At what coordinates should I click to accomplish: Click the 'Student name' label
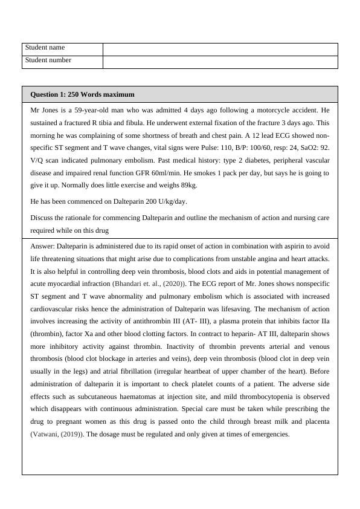coord(45,48)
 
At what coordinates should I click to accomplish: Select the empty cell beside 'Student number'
coord(220,62)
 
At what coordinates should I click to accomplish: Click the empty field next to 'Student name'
coord(220,49)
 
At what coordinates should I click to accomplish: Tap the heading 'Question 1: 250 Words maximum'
coord(82,95)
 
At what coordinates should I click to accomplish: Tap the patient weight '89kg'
coord(188,185)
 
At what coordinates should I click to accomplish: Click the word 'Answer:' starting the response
coord(43,246)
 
